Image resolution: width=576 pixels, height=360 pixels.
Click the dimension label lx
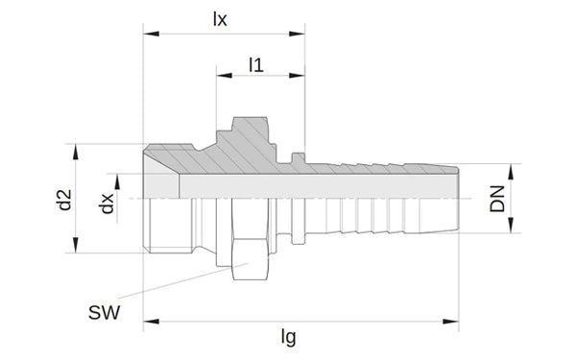(220, 19)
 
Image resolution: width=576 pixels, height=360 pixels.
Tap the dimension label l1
(256, 65)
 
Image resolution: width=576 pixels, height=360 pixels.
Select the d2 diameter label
(65, 200)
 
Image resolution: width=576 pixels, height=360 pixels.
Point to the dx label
(108, 204)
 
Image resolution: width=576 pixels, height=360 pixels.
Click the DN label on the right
(497, 199)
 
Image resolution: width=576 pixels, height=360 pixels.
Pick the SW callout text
(105, 313)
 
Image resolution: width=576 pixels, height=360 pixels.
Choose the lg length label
(288, 337)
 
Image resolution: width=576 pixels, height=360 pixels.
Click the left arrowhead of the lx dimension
(151, 34)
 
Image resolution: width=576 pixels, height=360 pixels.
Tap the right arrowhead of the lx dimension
(297, 34)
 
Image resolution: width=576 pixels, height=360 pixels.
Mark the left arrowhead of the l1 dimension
(224, 75)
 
